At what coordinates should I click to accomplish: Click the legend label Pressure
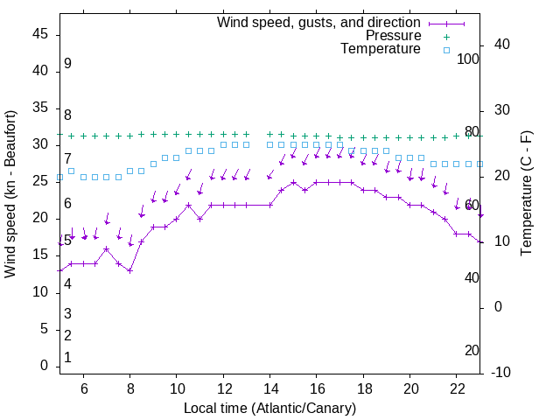click(393, 36)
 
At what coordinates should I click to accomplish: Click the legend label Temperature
click(381, 50)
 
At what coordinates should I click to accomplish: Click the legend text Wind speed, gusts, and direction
click(318, 22)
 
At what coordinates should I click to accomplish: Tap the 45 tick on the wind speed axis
click(40, 34)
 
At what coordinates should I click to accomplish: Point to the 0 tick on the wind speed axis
click(45, 366)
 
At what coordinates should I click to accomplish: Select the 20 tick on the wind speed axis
click(40, 218)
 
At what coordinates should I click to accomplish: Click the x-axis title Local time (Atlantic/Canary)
click(269, 408)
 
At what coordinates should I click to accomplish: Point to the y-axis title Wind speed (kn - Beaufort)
click(10, 194)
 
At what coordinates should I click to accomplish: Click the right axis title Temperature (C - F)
click(527, 194)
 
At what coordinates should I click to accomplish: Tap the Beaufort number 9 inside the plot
click(67, 64)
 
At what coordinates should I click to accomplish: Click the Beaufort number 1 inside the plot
click(67, 358)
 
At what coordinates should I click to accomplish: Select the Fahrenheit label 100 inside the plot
click(469, 59)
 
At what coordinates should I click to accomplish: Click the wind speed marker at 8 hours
click(129, 270)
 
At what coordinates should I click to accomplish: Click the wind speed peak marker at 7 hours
click(107, 248)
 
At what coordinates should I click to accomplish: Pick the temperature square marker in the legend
click(445, 50)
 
